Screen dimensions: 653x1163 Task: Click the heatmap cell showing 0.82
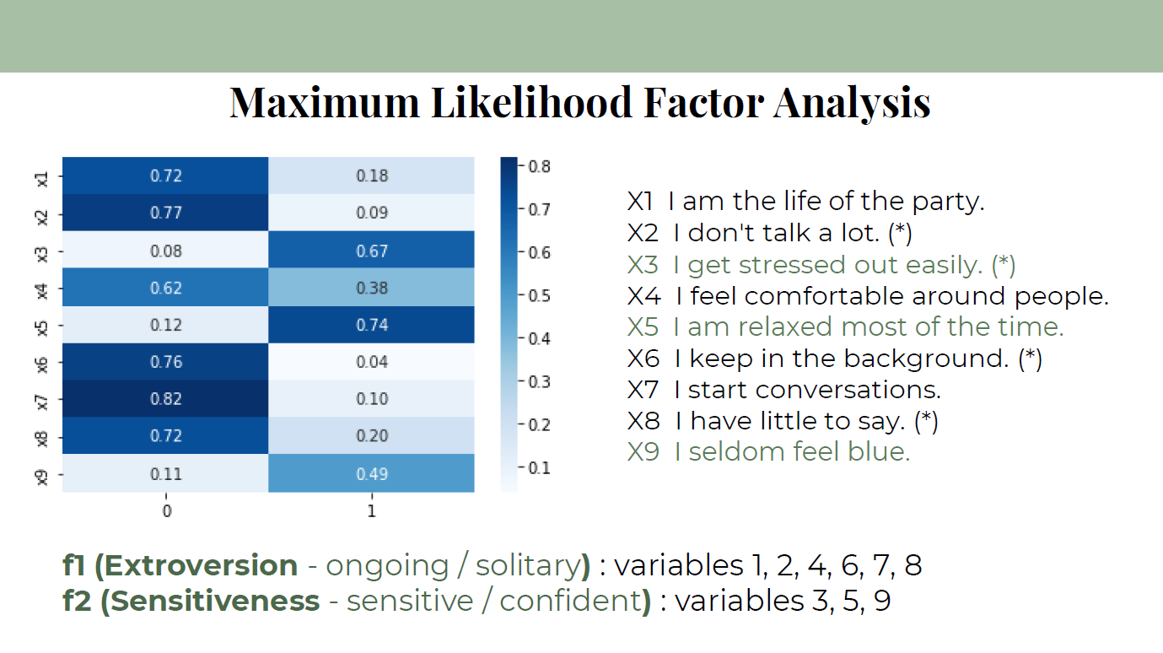[x=165, y=398]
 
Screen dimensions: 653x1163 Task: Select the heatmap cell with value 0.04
[x=371, y=362]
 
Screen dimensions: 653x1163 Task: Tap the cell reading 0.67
[x=371, y=251]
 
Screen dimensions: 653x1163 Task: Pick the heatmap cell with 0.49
[x=371, y=473]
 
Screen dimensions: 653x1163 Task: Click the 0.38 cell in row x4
[x=371, y=288]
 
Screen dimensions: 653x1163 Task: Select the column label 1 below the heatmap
[x=371, y=511]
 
